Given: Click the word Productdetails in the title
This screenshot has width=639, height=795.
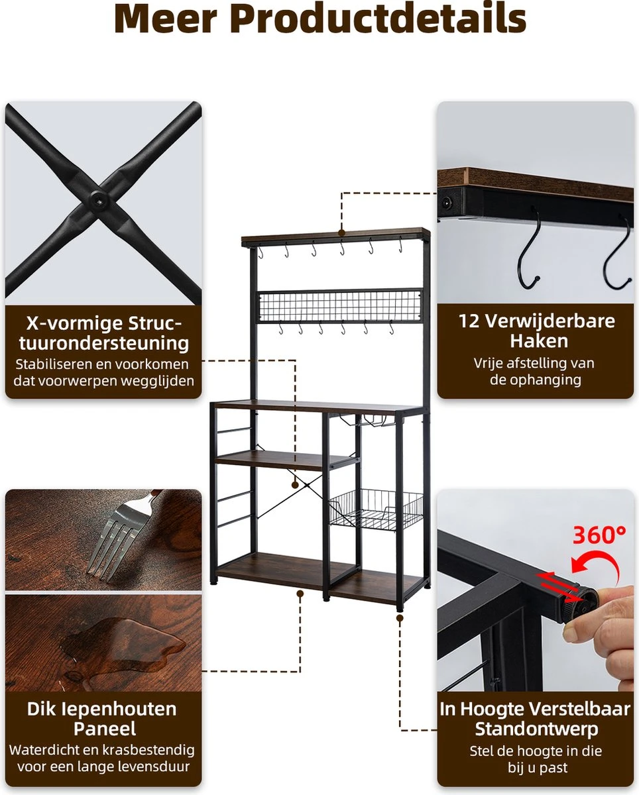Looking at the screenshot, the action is (380, 19).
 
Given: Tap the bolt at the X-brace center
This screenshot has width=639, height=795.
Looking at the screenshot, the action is (99, 199).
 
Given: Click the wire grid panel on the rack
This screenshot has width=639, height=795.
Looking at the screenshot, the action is (339, 306).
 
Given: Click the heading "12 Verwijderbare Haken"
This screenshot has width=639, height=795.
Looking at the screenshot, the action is (537, 331).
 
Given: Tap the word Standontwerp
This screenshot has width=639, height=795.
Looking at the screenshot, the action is (537, 729).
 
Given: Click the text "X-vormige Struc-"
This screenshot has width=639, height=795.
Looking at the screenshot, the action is (104, 323).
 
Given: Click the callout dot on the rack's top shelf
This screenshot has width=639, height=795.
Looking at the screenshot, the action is (342, 233).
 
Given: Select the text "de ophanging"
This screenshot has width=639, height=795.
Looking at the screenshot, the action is (536, 380).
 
